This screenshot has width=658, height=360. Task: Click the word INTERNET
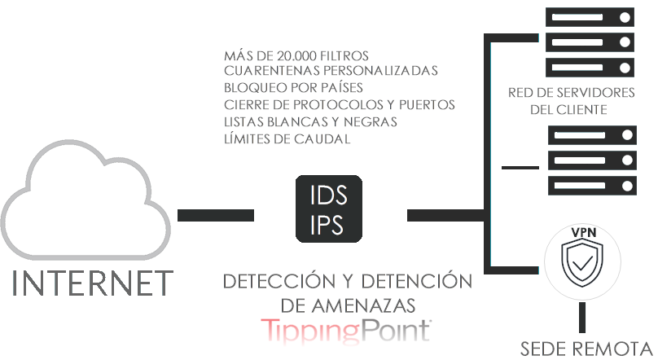pos(93,283)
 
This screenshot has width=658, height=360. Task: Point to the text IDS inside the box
pos(329,195)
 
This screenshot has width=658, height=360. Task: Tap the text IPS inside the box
pos(329,225)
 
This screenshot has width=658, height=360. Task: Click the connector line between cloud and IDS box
pos(215,215)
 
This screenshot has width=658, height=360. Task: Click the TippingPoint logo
pos(346,330)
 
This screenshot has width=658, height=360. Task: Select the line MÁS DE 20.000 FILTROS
pos(296,56)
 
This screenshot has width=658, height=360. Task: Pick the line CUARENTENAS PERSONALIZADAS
pos(331,72)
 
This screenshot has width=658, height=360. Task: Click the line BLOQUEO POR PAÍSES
pos(293,88)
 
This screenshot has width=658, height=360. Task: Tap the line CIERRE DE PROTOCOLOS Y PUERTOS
pos(339,105)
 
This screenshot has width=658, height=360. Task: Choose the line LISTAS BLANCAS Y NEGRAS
pos(310,121)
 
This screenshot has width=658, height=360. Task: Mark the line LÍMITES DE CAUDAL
pos(287,138)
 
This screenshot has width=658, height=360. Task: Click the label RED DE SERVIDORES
pos(569,92)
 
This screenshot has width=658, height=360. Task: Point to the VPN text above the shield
pos(583,233)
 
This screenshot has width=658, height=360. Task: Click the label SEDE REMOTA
pos(586,349)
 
